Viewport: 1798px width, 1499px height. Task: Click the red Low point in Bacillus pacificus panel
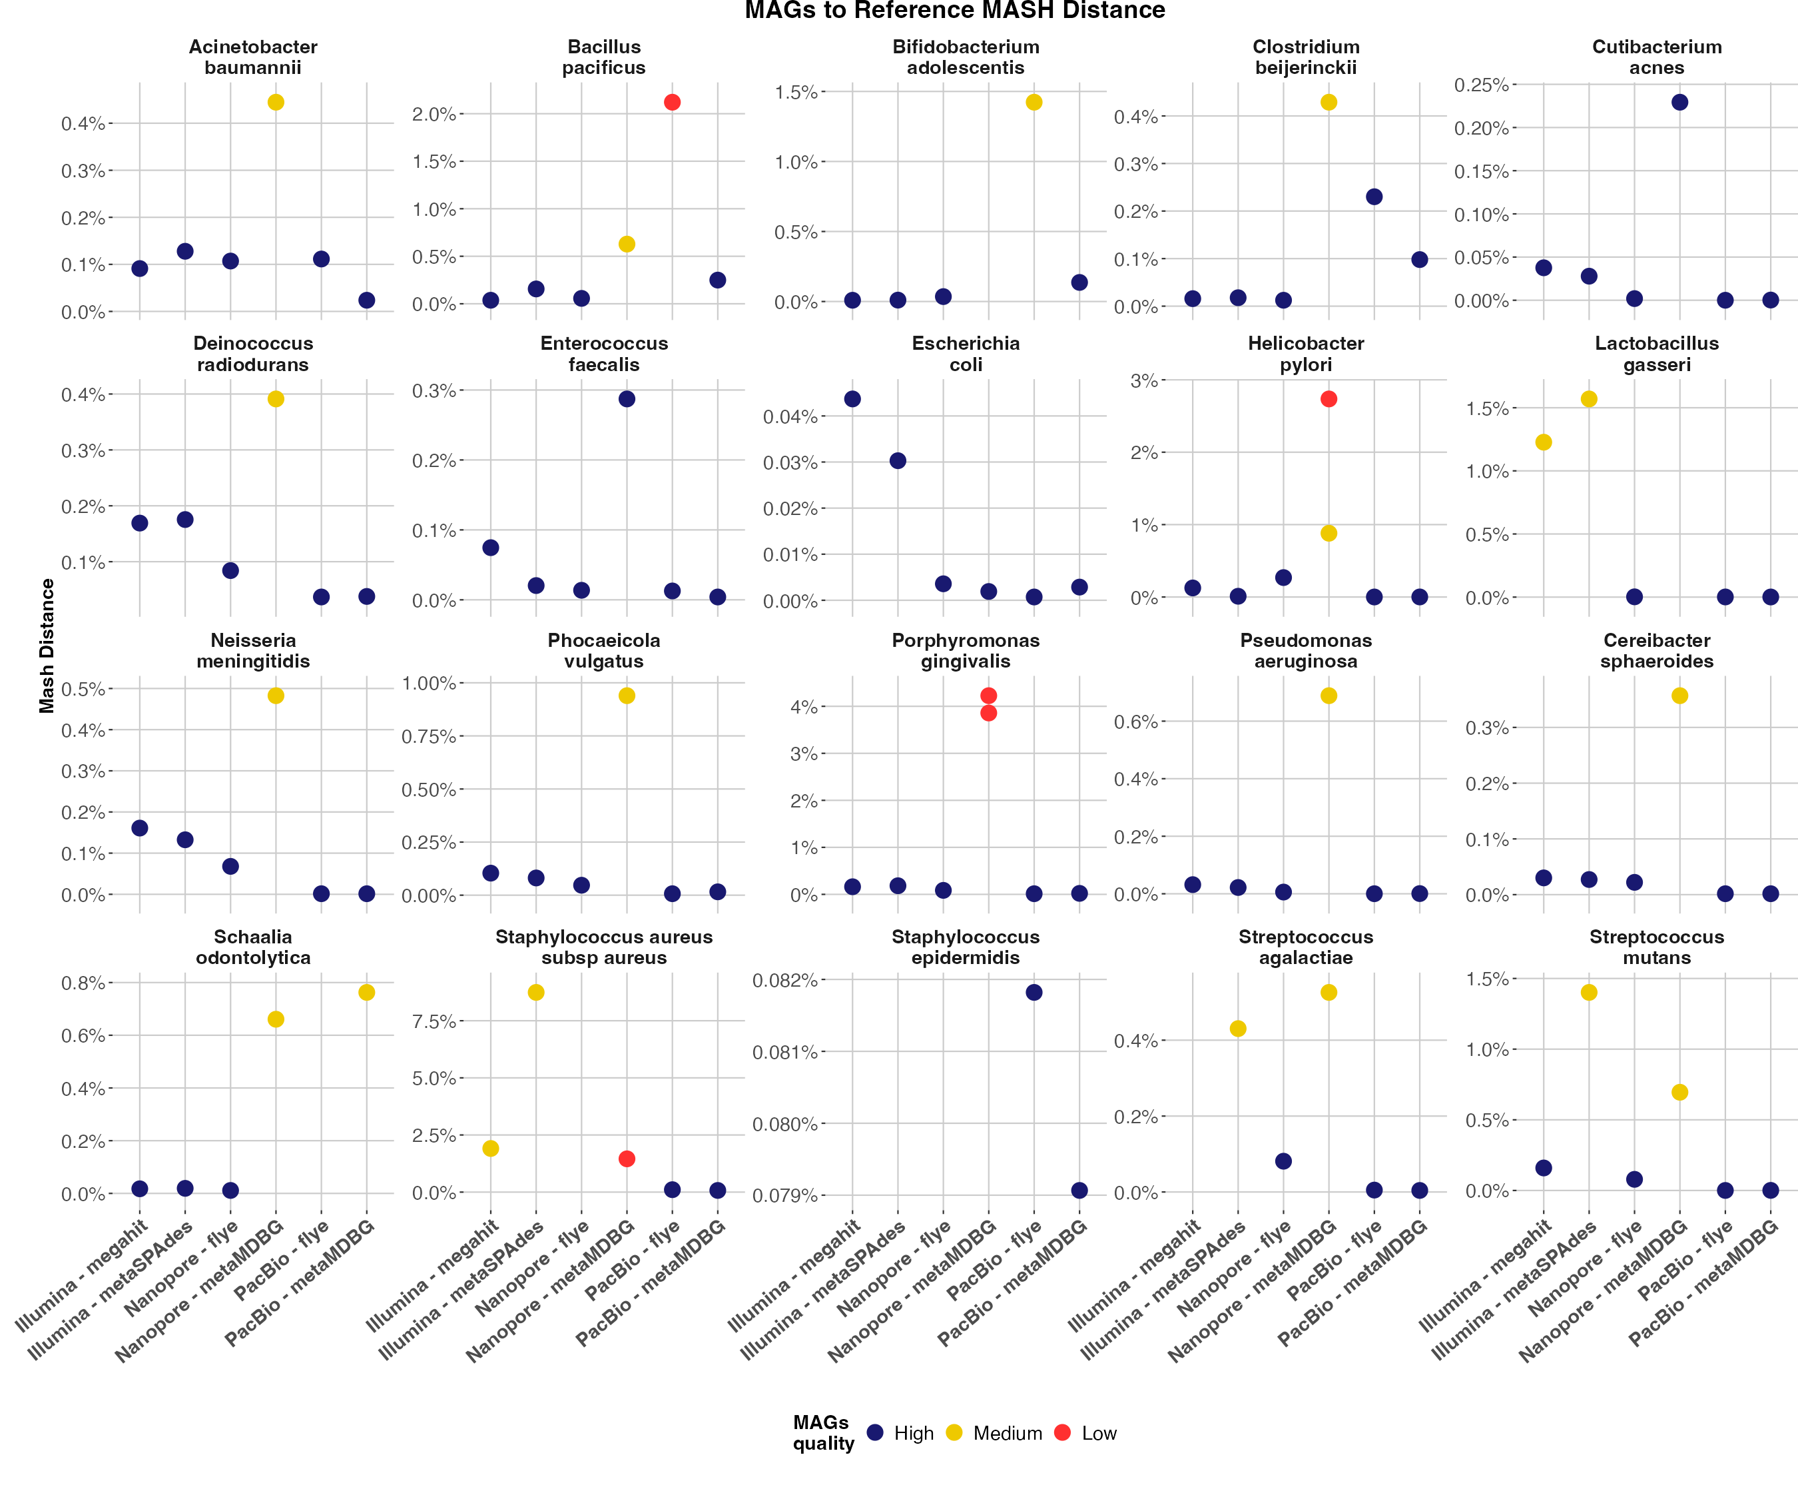(x=672, y=103)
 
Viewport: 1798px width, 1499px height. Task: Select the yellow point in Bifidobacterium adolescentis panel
(x=1034, y=103)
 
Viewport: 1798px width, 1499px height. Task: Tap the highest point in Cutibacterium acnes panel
(x=1680, y=103)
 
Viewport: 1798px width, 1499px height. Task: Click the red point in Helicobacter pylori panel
(x=1329, y=399)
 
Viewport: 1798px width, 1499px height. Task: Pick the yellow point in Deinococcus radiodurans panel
(x=276, y=399)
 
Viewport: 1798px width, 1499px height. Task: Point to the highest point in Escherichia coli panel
(x=852, y=399)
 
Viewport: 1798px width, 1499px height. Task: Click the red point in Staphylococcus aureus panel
(x=627, y=1159)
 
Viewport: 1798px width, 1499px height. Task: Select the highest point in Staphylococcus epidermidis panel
(x=1034, y=993)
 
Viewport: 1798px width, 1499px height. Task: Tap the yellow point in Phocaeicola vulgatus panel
(x=627, y=696)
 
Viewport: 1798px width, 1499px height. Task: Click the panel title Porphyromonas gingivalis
(x=965, y=651)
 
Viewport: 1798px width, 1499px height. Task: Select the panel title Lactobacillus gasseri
(x=1656, y=354)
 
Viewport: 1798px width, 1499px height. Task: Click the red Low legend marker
(x=1063, y=1432)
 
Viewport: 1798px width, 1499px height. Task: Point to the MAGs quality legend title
(x=822, y=1432)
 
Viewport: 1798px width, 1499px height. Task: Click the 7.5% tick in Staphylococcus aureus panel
(x=434, y=1021)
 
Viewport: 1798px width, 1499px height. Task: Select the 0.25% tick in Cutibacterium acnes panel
(x=1480, y=85)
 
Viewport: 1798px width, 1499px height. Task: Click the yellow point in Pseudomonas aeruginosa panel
(x=1329, y=696)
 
